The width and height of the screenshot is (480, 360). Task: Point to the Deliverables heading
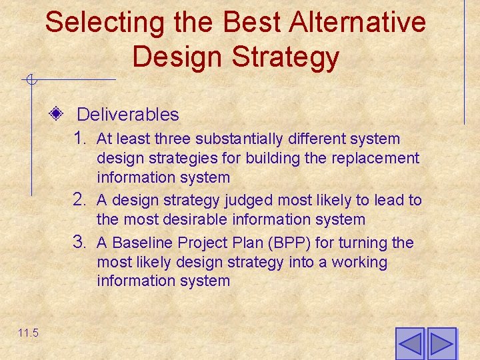tap(128, 115)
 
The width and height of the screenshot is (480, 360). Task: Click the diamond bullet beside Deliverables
tap(57, 114)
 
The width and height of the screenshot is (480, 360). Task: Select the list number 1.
tap(81, 139)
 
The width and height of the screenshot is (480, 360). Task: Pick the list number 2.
tap(81, 199)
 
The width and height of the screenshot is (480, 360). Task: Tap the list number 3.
tap(81, 243)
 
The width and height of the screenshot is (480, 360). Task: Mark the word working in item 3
tap(358, 263)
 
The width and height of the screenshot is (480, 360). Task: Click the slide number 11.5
tap(28, 333)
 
